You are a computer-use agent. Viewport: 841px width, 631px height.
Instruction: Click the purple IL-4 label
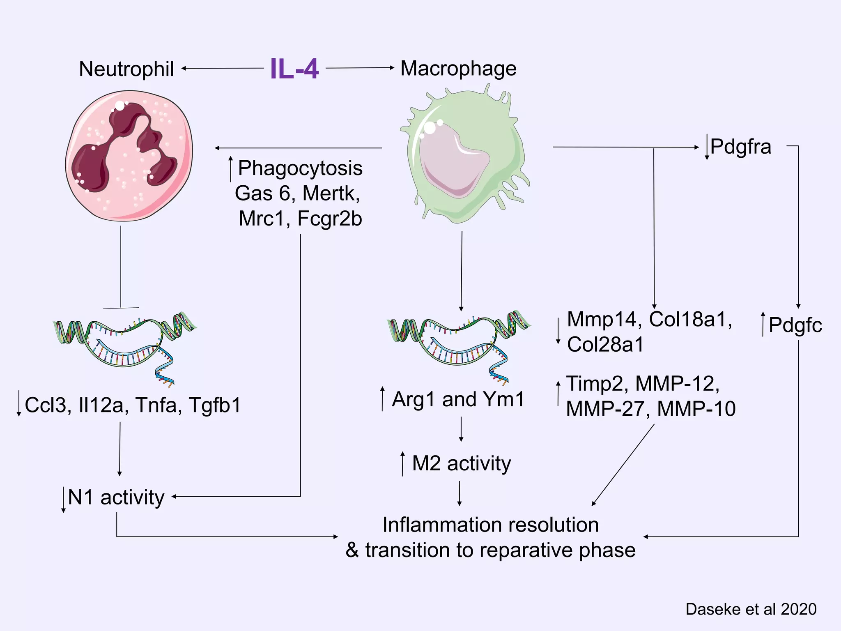[294, 69]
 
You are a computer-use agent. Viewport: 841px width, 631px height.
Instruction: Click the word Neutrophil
[126, 69]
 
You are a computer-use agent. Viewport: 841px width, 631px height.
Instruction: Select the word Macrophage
[458, 69]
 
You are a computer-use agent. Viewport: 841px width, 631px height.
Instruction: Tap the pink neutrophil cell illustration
[129, 156]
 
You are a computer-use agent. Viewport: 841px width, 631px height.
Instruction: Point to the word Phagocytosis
[300, 168]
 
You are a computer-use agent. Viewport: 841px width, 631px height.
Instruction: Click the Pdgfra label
[741, 147]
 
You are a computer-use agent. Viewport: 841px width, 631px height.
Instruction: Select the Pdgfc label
[795, 325]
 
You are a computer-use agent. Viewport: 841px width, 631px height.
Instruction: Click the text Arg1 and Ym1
[458, 399]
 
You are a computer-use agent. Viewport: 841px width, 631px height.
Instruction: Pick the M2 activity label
[462, 463]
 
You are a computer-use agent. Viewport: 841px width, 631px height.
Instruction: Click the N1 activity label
[116, 497]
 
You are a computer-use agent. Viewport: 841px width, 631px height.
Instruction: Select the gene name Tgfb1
[214, 405]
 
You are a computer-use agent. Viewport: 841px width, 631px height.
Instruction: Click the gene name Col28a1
[605, 345]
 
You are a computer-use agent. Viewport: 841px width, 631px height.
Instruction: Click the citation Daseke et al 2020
[751, 609]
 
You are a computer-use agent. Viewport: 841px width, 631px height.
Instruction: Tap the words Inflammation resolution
[490, 525]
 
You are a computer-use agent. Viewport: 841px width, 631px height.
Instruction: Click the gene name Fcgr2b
[329, 219]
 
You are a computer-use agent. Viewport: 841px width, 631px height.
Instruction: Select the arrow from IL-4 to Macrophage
[360, 68]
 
